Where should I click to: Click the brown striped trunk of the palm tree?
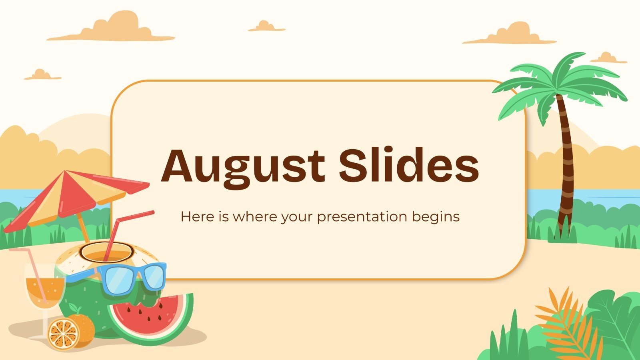tap(566, 168)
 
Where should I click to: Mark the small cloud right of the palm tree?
tap(608, 58)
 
